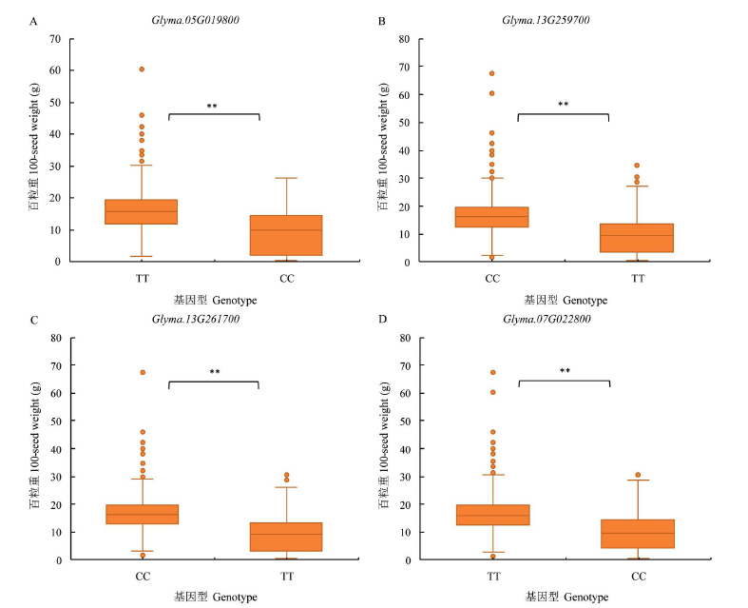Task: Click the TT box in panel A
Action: pos(142,211)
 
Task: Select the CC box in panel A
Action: pos(286,235)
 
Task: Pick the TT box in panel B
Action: pos(638,238)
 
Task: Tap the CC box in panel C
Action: pos(142,514)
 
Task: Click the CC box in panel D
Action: pos(639,534)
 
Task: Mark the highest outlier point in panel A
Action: pos(142,69)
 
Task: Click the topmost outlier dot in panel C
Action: pos(142,372)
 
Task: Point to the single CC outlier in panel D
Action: pos(639,475)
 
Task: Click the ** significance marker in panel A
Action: pos(213,107)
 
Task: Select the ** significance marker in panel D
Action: pos(566,372)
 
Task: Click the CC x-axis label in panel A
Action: pos(286,278)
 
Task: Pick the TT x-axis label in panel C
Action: pos(286,577)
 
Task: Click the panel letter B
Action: pos(382,21)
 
